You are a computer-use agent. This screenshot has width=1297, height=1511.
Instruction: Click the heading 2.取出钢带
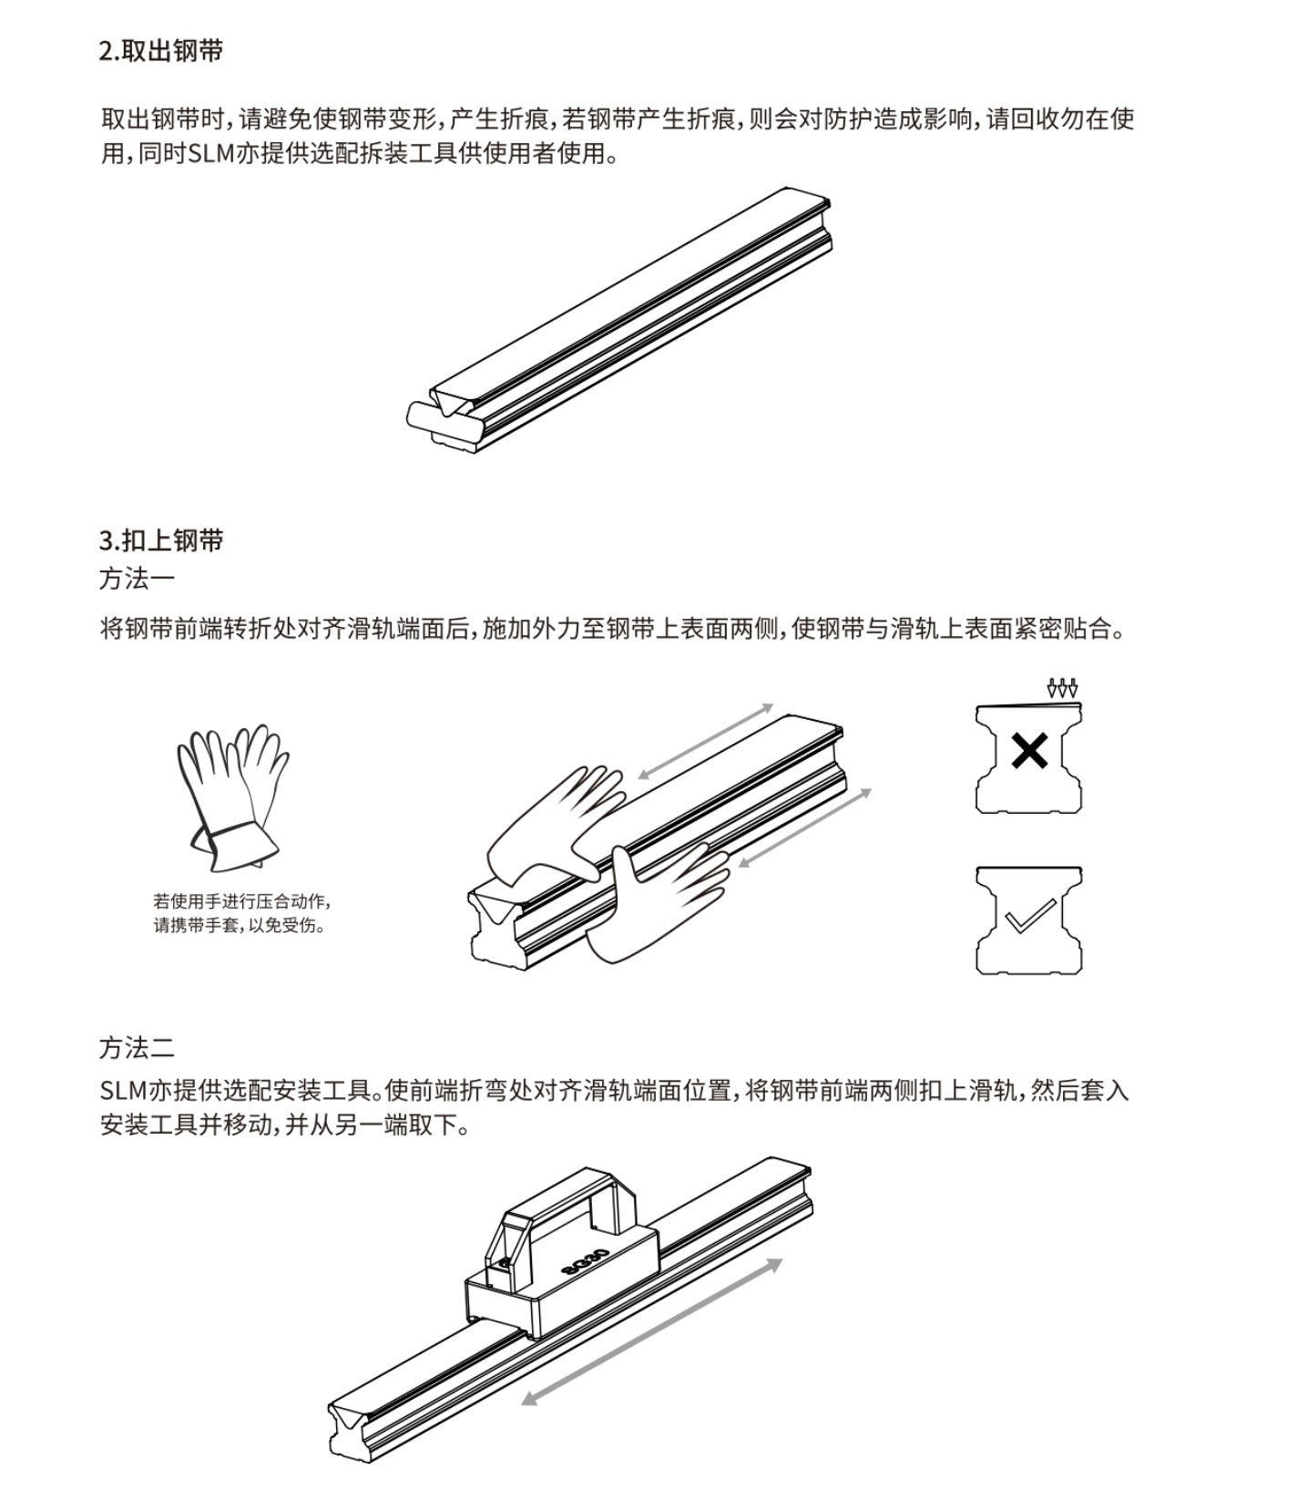click(x=160, y=51)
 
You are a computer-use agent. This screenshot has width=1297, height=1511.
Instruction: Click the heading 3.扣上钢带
click(x=160, y=540)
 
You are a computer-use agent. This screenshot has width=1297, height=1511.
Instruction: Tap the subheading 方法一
click(x=137, y=578)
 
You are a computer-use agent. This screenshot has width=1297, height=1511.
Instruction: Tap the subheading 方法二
click(x=137, y=1048)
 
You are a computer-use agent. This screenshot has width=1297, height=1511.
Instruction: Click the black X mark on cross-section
click(x=1029, y=752)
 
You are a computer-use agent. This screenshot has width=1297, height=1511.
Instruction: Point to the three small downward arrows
click(x=1062, y=688)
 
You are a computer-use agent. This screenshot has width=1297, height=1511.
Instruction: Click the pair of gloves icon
click(x=231, y=795)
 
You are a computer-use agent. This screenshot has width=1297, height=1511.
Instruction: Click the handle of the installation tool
click(x=565, y=1194)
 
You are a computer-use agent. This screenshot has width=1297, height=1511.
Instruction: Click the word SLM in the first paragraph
click(x=210, y=153)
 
